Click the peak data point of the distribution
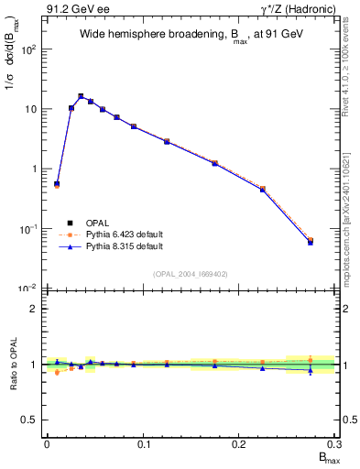click(81, 96)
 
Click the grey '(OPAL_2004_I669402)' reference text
click(191, 273)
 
